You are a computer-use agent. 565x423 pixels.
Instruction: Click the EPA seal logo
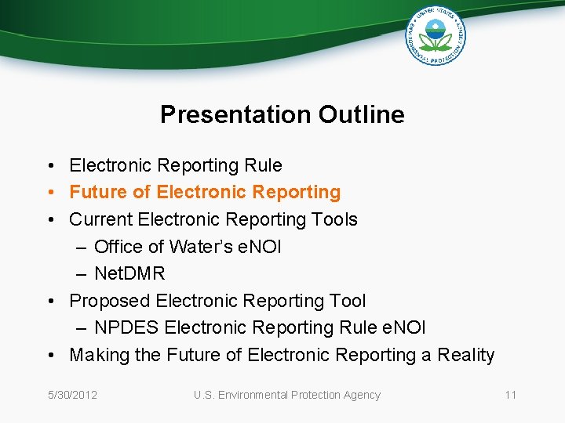436,35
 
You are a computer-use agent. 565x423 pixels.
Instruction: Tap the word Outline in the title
362,114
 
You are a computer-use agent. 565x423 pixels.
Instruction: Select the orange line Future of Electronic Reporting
205,192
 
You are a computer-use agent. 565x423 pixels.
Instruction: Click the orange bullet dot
49,193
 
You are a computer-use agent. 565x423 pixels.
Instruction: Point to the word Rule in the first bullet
263,165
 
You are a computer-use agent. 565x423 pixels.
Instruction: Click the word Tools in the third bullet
334,219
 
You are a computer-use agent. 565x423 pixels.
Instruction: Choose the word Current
100,219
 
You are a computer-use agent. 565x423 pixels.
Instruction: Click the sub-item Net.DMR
129,273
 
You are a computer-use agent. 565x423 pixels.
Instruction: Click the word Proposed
109,301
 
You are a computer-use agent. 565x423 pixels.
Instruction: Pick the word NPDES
126,327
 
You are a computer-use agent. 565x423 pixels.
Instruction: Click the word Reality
465,355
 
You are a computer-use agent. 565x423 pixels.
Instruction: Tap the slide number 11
510,395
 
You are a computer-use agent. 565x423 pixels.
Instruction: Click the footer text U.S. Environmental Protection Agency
286,395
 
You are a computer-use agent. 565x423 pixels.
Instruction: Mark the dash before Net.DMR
82,274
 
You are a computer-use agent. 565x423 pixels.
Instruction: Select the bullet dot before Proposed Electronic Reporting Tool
49,302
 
